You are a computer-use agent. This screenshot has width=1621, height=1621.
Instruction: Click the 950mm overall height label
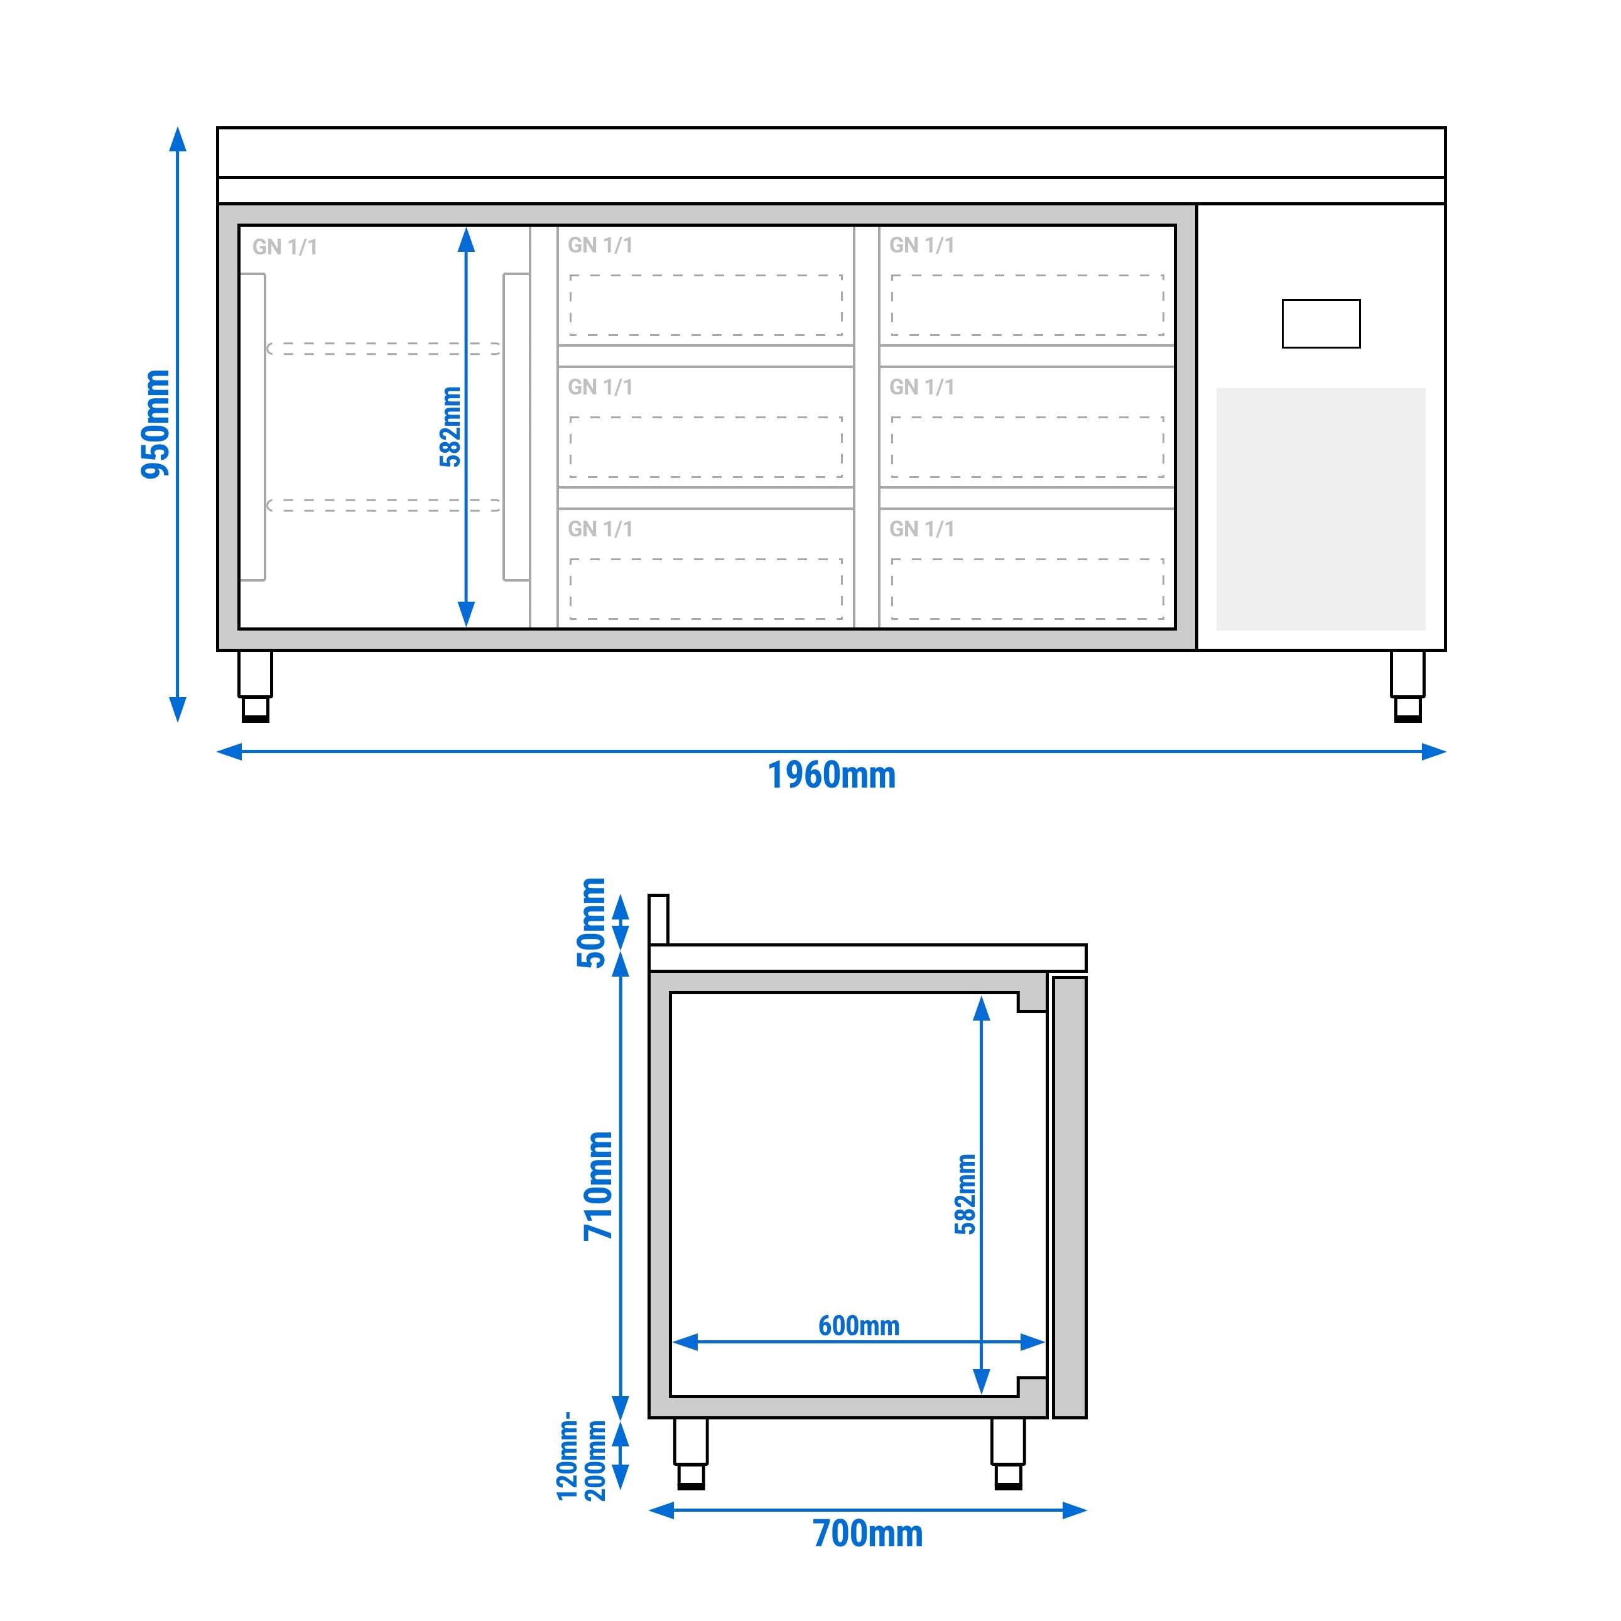155,424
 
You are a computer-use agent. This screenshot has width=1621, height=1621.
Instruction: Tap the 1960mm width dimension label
832,775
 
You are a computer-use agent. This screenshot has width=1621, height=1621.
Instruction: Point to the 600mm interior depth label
859,1326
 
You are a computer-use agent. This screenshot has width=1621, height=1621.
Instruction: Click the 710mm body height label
599,1186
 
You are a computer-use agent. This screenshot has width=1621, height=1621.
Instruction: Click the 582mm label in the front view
450,426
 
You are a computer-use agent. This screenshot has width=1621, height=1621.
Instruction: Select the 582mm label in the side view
966,1194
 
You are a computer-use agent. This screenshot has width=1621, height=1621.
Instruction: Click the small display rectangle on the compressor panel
1321,324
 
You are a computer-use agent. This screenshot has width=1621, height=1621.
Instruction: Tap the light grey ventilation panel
1321,509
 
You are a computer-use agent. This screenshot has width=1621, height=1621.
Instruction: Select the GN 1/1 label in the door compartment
285,247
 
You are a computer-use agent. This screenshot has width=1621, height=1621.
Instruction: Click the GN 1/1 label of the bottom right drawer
922,529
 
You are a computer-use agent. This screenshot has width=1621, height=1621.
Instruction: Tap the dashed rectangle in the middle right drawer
1027,447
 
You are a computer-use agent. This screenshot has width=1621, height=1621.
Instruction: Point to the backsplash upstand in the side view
659,919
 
